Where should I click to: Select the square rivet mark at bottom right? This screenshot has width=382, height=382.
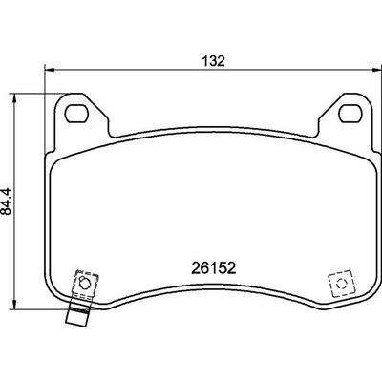pos(338,285)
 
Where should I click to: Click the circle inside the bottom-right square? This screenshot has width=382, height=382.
pos(338,285)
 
